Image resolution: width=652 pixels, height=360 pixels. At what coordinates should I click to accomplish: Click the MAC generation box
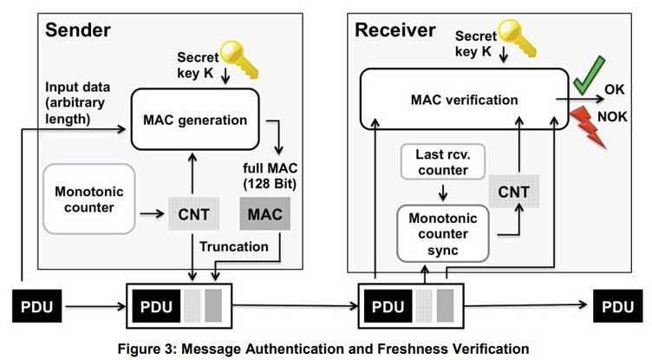click(x=195, y=119)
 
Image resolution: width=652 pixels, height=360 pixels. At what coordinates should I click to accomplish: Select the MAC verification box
click(x=464, y=99)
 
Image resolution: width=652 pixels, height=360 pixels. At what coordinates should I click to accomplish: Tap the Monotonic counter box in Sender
click(x=89, y=199)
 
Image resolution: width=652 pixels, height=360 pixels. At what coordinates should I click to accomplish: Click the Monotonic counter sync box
click(x=443, y=233)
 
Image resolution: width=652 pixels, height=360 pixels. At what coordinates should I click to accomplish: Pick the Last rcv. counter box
click(x=443, y=162)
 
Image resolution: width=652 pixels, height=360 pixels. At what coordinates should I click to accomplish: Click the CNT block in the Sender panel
click(x=193, y=214)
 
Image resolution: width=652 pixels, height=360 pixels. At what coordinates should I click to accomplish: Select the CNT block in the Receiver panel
click(x=514, y=192)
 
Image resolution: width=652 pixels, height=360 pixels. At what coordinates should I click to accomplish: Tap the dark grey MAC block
click(x=265, y=214)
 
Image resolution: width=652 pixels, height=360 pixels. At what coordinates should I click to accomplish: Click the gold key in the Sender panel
click(x=239, y=59)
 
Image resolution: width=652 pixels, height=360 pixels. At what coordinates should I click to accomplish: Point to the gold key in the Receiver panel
click(x=518, y=39)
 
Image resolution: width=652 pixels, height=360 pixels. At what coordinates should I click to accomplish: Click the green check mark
click(x=589, y=75)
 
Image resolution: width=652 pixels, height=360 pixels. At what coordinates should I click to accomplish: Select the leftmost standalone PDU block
click(x=37, y=306)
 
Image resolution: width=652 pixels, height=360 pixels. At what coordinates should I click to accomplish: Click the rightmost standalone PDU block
click(x=618, y=306)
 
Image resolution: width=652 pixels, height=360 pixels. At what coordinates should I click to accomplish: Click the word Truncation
click(x=234, y=246)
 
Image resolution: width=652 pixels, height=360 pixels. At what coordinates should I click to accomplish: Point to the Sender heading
click(x=78, y=30)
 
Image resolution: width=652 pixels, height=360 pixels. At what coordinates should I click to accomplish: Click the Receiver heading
click(x=395, y=30)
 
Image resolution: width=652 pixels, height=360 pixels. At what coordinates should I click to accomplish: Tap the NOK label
click(x=612, y=116)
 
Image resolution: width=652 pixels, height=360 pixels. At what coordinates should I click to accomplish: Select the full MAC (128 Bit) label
click(x=270, y=175)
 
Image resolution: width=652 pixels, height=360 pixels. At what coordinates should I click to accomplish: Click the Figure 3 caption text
click(x=323, y=349)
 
